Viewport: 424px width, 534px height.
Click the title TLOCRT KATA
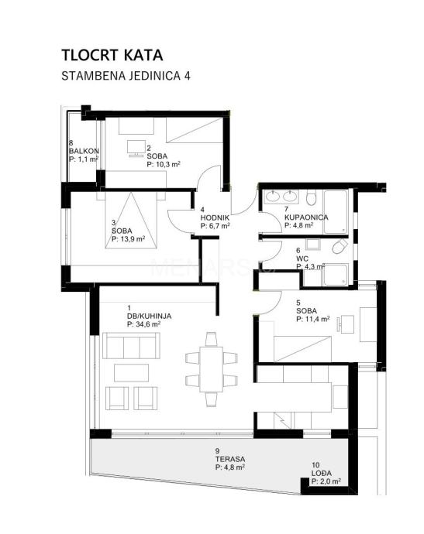pos(112,55)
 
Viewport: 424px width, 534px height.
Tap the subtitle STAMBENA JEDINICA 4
pos(126,76)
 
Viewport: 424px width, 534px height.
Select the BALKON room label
pos(84,151)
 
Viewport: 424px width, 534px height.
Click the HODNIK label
pos(215,217)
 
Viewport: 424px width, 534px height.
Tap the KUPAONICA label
pos(306,217)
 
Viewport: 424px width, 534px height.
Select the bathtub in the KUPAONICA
pos(336,212)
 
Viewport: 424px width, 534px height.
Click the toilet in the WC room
pos(340,246)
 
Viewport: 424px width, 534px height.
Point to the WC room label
pos(302,258)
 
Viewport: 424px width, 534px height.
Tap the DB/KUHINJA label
pos(149,316)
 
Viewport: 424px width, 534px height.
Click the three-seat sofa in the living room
pos(131,346)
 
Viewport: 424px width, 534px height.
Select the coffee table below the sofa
pos(131,373)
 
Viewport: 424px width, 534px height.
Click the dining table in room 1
pos(211,369)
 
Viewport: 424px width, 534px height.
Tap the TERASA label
pos(230,459)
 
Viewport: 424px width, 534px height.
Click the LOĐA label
pos(322,473)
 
